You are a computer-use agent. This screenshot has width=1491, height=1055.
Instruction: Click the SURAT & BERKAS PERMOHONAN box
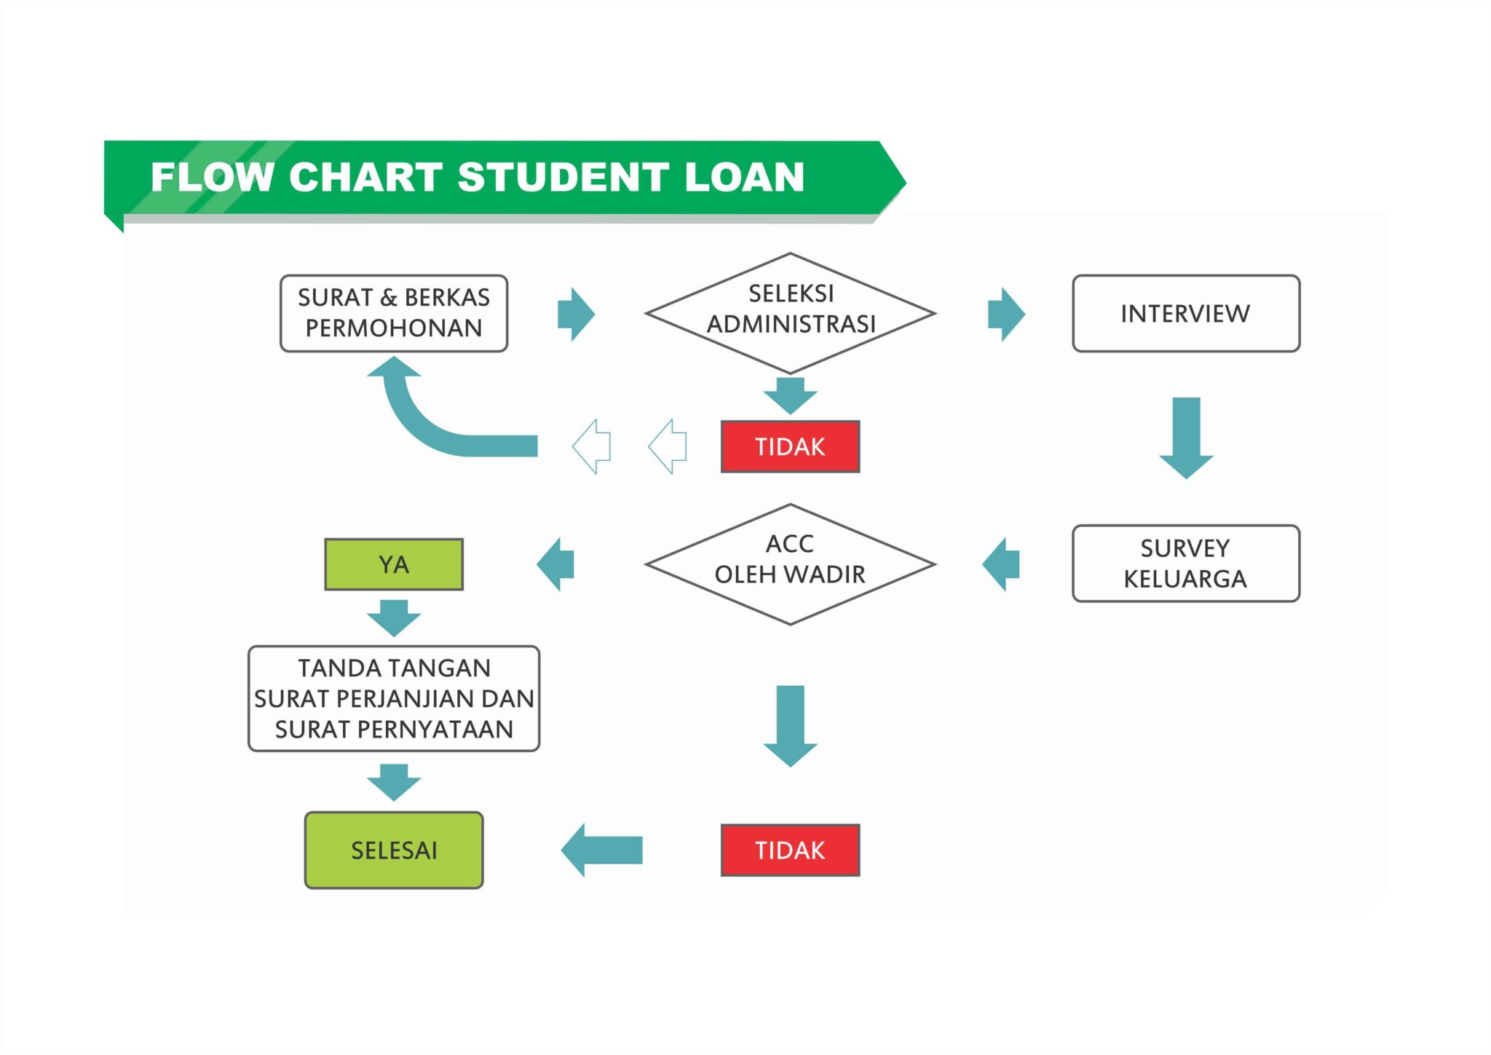click(393, 313)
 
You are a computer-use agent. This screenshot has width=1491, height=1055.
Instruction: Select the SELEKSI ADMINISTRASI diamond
click(790, 313)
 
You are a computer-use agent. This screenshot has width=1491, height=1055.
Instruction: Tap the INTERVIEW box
click(1185, 313)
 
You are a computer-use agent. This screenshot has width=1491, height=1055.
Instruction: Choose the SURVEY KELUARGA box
click(1185, 564)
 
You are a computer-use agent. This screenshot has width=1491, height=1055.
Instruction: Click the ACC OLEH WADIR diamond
click(790, 564)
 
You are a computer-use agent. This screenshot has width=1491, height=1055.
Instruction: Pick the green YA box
click(393, 564)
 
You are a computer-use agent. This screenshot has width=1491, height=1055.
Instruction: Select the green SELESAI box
click(393, 850)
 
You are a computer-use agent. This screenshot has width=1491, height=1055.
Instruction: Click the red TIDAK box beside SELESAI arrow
click(790, 850)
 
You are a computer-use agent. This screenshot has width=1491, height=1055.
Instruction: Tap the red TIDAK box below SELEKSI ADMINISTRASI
click(790, 446)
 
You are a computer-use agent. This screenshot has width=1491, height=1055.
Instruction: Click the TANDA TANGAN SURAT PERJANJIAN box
click(393, 698)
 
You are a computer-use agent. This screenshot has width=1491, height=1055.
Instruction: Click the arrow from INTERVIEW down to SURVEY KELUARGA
click(1186, 437)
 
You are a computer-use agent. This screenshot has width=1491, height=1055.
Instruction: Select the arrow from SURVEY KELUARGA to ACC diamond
click(1002, 564)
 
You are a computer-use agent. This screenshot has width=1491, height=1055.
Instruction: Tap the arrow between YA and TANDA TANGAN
click(393, 617)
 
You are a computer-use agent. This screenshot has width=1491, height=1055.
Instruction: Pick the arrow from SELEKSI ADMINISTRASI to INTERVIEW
click(1006, 314)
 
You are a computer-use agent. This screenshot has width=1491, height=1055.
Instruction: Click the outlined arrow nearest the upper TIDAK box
click(668, 446)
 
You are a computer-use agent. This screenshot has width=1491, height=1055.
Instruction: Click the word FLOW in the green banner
click(212, 177)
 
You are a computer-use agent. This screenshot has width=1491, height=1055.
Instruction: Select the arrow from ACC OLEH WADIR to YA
click(556, 564)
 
